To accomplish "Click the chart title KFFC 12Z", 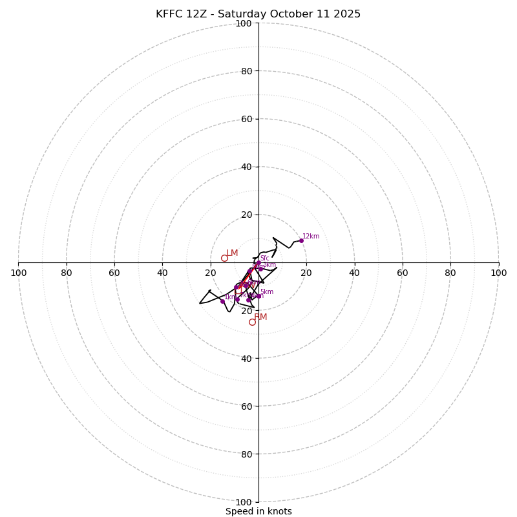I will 258,14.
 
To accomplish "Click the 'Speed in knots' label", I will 258,511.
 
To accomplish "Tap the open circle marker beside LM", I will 224,258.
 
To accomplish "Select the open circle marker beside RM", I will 252,322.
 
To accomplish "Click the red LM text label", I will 232,253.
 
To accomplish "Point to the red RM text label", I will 260,317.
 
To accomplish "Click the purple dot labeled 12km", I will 301,240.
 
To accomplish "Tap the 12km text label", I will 311,237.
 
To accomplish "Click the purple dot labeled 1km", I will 222,301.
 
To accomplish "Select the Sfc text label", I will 265,258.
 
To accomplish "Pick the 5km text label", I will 267,292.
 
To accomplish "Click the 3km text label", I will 269,265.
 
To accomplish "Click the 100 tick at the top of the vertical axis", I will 244,23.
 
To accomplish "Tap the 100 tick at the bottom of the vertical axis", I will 244,502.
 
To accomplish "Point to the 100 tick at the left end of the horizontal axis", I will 19,273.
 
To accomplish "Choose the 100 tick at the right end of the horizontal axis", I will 498,273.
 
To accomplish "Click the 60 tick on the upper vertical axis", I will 246,119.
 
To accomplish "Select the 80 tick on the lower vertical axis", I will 246,454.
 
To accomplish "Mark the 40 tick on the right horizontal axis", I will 354,273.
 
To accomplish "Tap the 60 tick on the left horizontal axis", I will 114,273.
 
